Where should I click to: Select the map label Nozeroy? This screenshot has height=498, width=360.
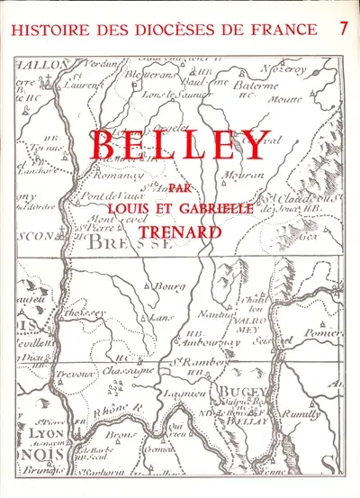[306, 68]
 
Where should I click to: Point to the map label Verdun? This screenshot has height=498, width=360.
[100, 64]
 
